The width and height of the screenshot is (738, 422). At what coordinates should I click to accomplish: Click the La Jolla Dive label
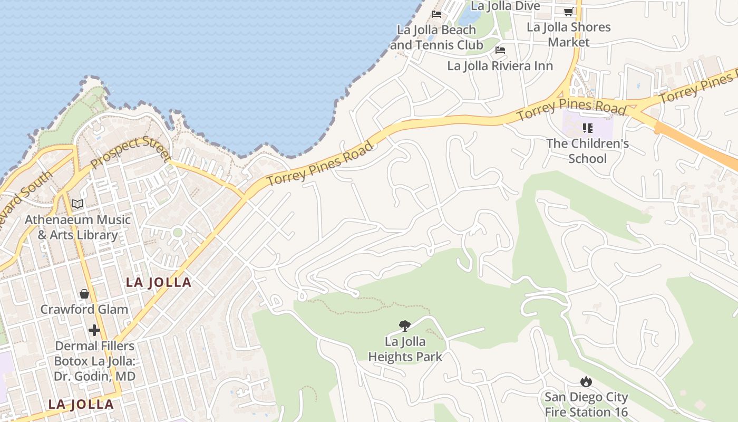[x=505, y=6]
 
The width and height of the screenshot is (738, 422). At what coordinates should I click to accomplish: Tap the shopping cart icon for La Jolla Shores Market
[x=568, y=12]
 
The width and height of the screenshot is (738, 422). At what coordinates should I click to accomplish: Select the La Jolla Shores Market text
[x=568, y=34]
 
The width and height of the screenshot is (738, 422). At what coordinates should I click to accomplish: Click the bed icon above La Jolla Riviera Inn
[x=500, y=50]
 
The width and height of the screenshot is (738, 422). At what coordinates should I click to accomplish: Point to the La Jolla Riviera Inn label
[x=500, y=66]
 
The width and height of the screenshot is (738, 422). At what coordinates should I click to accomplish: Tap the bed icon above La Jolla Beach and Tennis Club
[x=436, y=14]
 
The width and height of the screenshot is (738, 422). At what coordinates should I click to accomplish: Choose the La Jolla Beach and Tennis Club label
[x=436, y=37]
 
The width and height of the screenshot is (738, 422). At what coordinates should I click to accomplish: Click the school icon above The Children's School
[x=588, y=128]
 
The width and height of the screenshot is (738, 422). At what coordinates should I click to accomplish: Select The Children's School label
[x=587, y=151]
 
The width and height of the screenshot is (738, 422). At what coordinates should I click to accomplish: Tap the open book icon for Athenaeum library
[x=77, y=204]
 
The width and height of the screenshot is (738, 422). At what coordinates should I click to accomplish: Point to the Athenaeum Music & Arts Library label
[x=77, y=227]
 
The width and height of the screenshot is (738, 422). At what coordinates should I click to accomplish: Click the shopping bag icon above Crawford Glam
[x=84, y=294]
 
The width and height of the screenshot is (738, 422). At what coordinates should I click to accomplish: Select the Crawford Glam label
[x=84, y=309]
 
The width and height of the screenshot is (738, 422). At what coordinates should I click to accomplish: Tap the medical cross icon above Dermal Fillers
[x=94, y=330]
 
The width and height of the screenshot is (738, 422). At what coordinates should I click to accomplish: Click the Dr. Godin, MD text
[x=94, y=376]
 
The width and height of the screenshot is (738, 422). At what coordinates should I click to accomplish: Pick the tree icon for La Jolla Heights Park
[x=405, y=325]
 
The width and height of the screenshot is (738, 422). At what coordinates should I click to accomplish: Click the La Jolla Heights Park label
[x=405, y=349]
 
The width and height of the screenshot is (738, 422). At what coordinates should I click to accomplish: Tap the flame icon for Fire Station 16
[x=586, y=381]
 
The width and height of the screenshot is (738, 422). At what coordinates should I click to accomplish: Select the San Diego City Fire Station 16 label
[x=586, y=405]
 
